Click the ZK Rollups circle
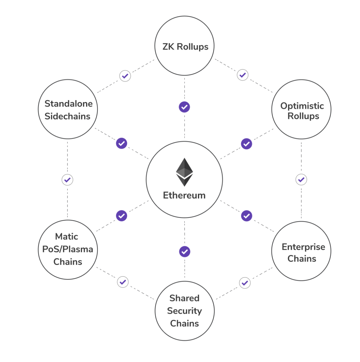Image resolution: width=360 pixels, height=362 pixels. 184,46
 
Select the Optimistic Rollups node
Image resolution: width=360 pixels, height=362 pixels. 301,110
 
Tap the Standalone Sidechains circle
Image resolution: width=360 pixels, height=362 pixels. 68,109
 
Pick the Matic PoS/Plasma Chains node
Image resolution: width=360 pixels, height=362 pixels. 68,249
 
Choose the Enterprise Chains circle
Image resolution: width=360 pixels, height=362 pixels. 301,251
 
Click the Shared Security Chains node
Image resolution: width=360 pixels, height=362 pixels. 184,311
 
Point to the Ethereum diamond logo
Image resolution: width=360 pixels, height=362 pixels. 184,172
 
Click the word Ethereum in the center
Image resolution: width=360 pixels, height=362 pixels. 184,196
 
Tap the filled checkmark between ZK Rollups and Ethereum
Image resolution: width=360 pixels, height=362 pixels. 184,107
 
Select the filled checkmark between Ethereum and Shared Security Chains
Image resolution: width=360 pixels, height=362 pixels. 185,252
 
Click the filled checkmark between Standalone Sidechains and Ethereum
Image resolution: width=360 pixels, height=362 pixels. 122,143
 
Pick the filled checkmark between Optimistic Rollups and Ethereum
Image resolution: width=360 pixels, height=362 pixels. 246,144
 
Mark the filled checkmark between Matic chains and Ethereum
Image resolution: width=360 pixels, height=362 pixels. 122,216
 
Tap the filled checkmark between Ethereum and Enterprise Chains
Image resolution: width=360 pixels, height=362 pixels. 246,216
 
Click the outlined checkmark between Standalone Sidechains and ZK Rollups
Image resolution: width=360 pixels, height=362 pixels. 125,76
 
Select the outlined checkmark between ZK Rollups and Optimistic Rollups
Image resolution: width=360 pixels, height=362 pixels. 242,75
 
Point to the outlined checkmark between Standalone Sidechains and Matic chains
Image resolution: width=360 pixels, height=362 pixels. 67,180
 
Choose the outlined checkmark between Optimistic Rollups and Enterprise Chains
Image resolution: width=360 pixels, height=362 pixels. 301,179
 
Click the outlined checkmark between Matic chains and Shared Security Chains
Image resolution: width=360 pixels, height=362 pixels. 123,282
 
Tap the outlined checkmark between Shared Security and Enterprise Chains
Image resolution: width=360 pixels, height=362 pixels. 245,283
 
